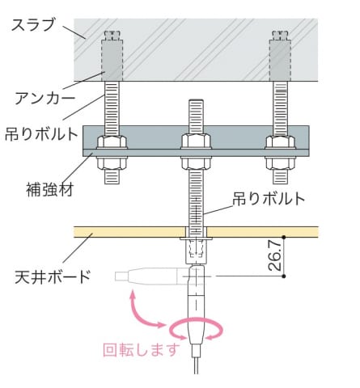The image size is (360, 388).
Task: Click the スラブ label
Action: click(33, 25)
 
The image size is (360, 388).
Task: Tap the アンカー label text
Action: click(44, 98)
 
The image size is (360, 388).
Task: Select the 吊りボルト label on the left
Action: click(41, 133)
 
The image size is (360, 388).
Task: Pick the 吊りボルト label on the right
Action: click(269, 199)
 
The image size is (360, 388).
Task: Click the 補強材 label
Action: click(50, 189)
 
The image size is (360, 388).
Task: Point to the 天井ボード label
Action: click(53, 276)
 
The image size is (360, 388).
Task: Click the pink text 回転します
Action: click(142, 349)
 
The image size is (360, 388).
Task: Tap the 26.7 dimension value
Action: click(275, 255)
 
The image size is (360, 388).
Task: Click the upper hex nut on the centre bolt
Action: click(196, 141)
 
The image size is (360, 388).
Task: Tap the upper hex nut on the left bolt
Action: click(112, 142)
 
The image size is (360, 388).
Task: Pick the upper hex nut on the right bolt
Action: click(280, 142)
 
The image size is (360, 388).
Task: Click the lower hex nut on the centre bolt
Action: click(196, 163)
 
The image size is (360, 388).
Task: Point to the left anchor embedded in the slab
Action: click(112, 60)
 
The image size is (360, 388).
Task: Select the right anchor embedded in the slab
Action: click(281, 60)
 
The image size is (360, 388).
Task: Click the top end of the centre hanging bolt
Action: click(196, 100)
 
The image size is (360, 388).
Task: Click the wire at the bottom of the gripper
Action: click(196, 365)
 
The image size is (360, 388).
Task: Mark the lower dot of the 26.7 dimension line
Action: click(284, 276)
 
